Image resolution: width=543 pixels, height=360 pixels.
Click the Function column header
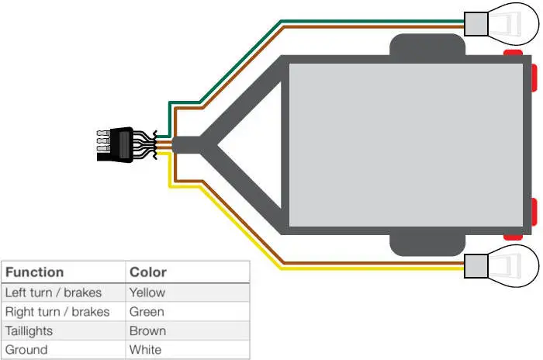tap(34, 272)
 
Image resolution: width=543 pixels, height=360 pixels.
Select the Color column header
tap(147, 272)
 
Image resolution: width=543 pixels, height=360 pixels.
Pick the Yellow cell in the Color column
tap(147, 292)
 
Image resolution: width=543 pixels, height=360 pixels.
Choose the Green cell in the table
tap(147, 312)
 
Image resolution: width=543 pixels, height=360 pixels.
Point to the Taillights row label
tap(30, 331)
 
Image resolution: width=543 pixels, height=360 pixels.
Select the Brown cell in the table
tap(147, 331)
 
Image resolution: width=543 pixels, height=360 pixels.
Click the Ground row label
tap(26, 350)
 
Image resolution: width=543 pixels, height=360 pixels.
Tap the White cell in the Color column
tap(145, 350)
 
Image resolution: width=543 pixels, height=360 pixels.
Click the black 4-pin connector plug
tap(112, 144)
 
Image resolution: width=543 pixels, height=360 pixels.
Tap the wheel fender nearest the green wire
tap(427, 47)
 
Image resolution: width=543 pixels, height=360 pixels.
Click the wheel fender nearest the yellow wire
tap(427, 244)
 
